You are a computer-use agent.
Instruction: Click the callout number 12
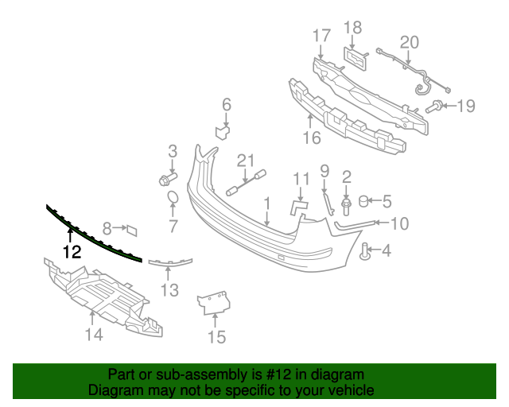point(72,253)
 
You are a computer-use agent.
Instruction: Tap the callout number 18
point(352,29)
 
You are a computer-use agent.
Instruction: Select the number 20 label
point(409,42)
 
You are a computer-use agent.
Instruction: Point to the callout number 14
point(95,335)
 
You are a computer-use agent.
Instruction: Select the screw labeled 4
point(367,254)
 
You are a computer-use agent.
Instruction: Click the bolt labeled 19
point(436,106)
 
